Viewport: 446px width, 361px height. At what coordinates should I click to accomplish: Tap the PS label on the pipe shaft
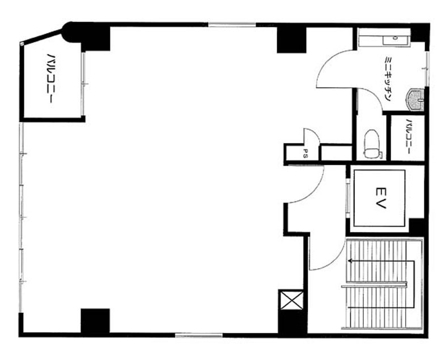tap(305, 153)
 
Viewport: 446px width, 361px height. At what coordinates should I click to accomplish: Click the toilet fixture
tap(372, 143)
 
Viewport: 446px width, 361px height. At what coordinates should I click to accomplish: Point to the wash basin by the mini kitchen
tap(415, 100)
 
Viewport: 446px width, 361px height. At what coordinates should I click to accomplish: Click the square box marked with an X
tap(291, 300)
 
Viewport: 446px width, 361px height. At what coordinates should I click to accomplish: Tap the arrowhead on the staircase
tap(350, 260)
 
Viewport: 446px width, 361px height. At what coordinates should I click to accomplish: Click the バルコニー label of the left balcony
tap(50, 78)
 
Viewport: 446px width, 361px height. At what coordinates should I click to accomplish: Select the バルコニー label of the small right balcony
tap(409, 136)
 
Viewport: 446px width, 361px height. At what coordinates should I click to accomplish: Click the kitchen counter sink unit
tap(385, 37)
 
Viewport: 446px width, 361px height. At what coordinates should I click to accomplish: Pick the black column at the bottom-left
tap(95, 321)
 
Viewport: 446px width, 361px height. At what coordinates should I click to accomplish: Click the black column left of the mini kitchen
tap(291, 40)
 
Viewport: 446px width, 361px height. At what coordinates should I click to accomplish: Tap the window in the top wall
tap(232, 25)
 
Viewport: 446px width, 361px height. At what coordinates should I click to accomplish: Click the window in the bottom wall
tap(198, 336)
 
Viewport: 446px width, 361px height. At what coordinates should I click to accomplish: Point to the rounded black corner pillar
tap(71, 32)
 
